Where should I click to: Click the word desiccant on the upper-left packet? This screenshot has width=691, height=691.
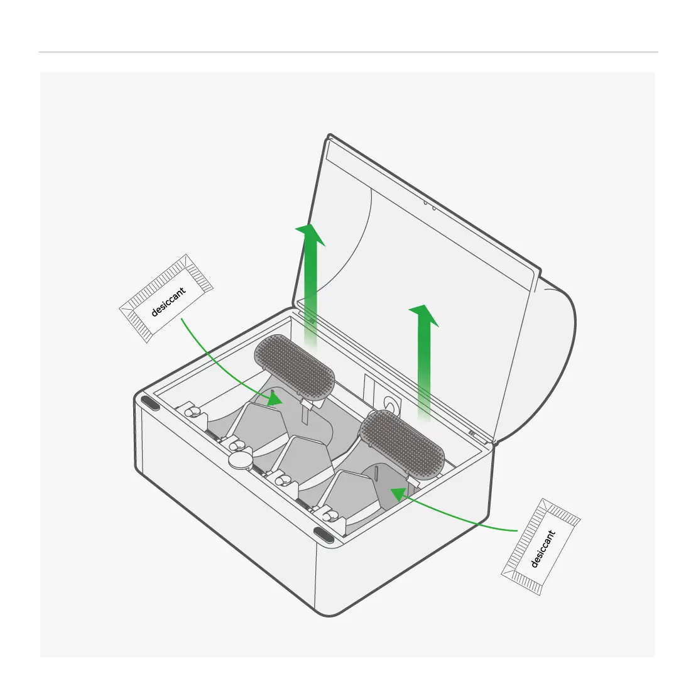(x=168, y=302)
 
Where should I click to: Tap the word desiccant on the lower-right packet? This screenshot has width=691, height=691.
(x=543, y=548)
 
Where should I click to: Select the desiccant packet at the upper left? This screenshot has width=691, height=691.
(x=166, y=298)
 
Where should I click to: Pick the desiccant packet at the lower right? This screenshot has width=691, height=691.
(x=541, y=547)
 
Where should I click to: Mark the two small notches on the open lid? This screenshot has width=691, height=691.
(x=430, y=205)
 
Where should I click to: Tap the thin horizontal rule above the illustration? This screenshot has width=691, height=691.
(x=349, y=52)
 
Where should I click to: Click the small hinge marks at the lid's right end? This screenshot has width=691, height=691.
(x=472, y=433)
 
